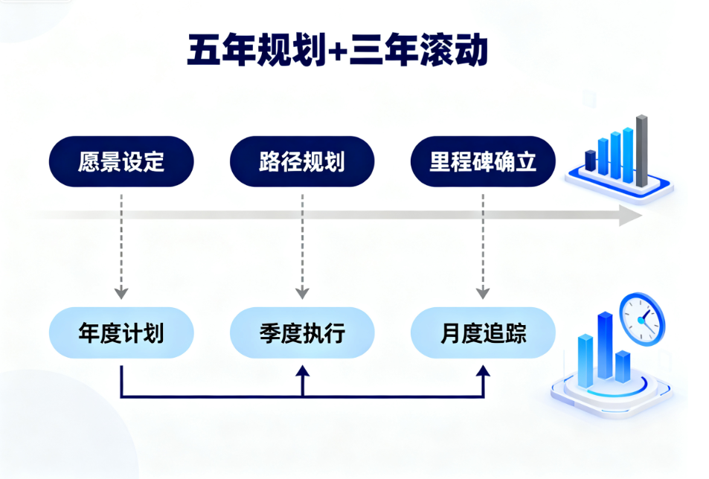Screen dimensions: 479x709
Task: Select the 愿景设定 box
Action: [x=121, y=161]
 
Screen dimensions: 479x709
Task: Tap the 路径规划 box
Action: [x=302, y=161]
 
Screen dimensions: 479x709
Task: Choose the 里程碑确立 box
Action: [x=483, y=161]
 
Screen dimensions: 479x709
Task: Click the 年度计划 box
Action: [x=121, y=332]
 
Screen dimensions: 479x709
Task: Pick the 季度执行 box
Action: [x=302, y=332]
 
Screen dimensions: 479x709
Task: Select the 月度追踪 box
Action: [x=483, y=332]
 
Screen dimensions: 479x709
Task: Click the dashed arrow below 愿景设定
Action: [x=121, y=245]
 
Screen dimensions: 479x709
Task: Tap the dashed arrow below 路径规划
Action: [x=302, y=245]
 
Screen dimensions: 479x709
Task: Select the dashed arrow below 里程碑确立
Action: [x=483, y=245]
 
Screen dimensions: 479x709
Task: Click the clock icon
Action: [x=641, y=318]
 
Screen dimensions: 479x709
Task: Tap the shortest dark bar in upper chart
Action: [x=591, y=160]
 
